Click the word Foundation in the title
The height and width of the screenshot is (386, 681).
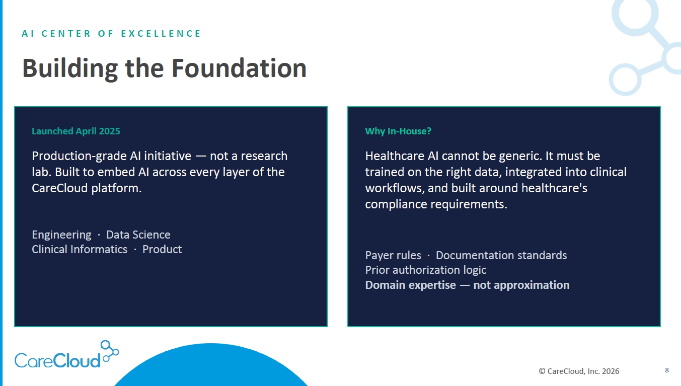click(239, 68)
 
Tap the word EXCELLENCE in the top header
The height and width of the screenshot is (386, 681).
click(161, 33)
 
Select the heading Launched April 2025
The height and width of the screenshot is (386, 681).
click(76, 131)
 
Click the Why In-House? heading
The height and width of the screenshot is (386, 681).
click(398, 131)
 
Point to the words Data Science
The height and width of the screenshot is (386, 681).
click(138, 235)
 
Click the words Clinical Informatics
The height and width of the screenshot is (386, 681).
click(80, 249)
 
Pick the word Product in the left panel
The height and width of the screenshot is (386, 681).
click(162, 249)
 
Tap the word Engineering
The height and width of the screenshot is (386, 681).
click(61, 235)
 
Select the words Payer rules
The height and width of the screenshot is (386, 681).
click(393, 256)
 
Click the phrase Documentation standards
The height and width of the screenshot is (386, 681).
click(501, 255)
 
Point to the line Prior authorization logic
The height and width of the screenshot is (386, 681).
click(426, 270)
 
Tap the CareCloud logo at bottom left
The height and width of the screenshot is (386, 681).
click(66, 354)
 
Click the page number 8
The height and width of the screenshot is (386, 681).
click(667, 370)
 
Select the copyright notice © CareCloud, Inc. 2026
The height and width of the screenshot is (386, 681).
click(579, 371)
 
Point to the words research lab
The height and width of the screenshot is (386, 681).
click(160, 164)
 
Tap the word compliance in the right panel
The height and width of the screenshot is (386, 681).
click(396, 204)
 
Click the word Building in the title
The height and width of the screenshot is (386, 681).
click(70, 68)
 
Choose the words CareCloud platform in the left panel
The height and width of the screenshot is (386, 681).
click(87, 188)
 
